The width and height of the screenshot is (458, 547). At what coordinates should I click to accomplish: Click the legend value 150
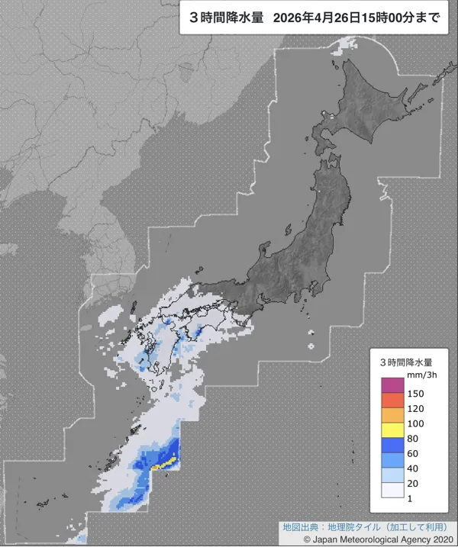pos(418,394)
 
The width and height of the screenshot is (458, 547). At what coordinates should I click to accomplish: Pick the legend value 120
pos(418,409)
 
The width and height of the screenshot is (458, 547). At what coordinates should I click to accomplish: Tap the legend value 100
pos(418,423)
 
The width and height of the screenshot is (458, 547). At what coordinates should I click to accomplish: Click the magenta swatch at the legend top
pos(392,386)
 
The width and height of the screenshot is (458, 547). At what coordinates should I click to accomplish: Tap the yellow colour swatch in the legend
pos(392,431)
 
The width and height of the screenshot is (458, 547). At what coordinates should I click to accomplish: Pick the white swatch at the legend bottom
pos(392,491)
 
